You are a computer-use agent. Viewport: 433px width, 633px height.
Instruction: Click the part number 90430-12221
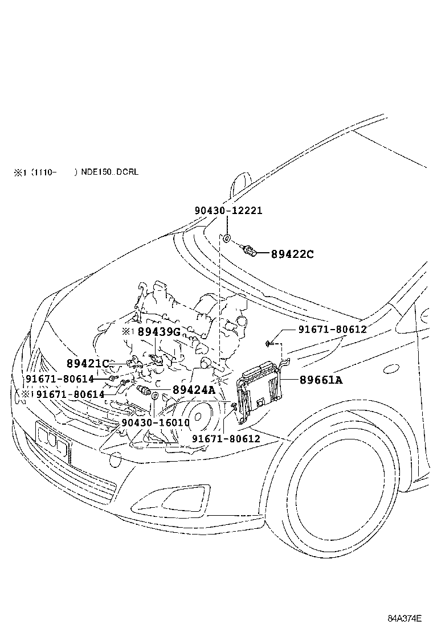[228, 210]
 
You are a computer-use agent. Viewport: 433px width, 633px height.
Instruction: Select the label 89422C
[292, 254]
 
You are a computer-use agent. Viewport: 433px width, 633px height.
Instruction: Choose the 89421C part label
[87, 363]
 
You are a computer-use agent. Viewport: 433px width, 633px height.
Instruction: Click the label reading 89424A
[194, 390]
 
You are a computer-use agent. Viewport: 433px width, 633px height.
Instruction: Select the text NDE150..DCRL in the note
[110, 171]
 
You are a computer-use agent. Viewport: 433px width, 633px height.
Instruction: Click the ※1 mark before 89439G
[126, 331]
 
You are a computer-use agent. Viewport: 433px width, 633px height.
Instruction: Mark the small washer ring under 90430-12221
[226, 238]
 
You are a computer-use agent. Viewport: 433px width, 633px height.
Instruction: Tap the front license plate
[54, 442]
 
